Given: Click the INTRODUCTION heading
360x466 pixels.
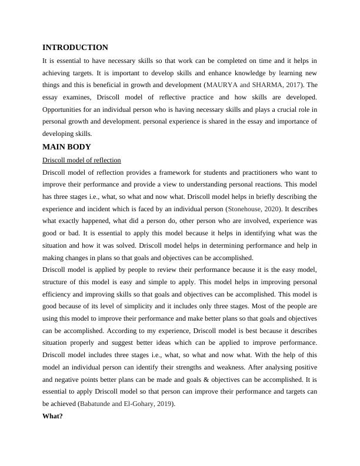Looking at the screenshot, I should [x=75, y=48].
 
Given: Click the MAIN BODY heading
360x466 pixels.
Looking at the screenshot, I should [x=66, y=147].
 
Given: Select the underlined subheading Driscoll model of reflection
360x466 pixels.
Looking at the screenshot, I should [x=82, y=160].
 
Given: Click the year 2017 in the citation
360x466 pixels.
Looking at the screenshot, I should [x=292, y=85].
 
